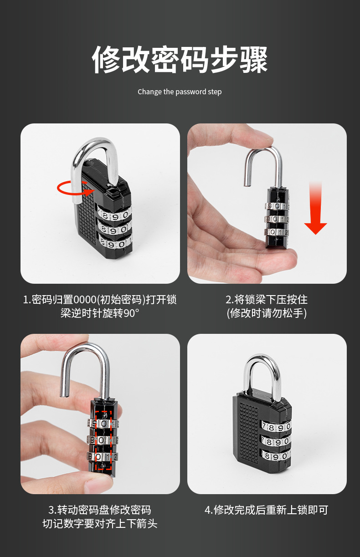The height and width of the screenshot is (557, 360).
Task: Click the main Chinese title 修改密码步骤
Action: pos(180,60)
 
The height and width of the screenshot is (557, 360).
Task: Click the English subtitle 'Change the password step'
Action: pos(180,92)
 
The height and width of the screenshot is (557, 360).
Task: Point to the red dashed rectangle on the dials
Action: pos(104,440)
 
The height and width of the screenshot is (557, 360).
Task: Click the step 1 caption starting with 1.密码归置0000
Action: pos(100,300)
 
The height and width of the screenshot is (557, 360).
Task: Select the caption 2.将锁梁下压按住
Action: pos(267,300)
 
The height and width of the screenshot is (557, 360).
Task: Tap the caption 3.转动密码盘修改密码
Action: pos(100,510)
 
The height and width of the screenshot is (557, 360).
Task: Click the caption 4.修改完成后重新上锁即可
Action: pos(267,510)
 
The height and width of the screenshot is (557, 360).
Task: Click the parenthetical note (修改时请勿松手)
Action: pos(267,313)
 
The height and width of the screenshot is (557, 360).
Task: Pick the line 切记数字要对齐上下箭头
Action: pos(100,524)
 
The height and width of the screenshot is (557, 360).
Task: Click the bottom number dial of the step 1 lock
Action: pos(116,244)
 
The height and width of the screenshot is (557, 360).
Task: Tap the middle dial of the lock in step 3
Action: pos(103,440)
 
